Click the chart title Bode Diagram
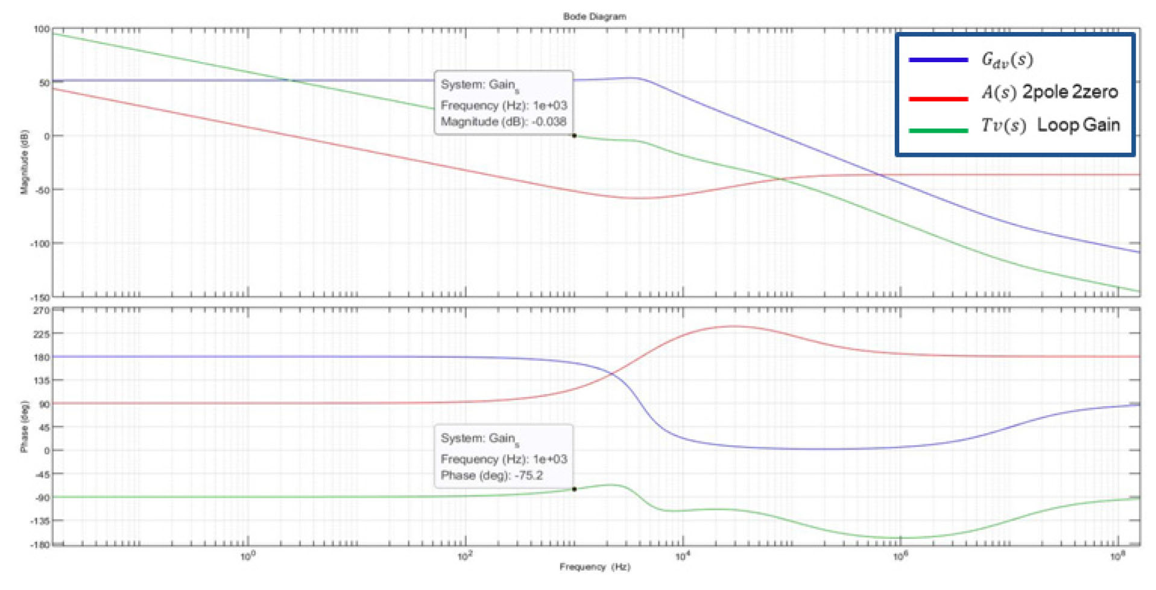[594, 16]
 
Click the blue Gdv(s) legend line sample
[938, 60]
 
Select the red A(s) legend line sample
[938, 98]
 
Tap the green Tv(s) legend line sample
[938, 130]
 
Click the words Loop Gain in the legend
[1078, 125]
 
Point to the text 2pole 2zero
[1070, 92]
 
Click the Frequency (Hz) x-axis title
[594, 566]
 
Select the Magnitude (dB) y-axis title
[25, 162]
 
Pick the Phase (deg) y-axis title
[25, 426]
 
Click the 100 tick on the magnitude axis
[41, 29]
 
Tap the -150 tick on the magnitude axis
[40, 297]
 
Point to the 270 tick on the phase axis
[41, 311]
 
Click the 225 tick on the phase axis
[41, 334]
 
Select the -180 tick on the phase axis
[40, 545]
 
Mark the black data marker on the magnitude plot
[574, 136]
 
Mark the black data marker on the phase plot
[574, 489]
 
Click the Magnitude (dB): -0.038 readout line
[503, 121]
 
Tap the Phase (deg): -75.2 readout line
[491, 475]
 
